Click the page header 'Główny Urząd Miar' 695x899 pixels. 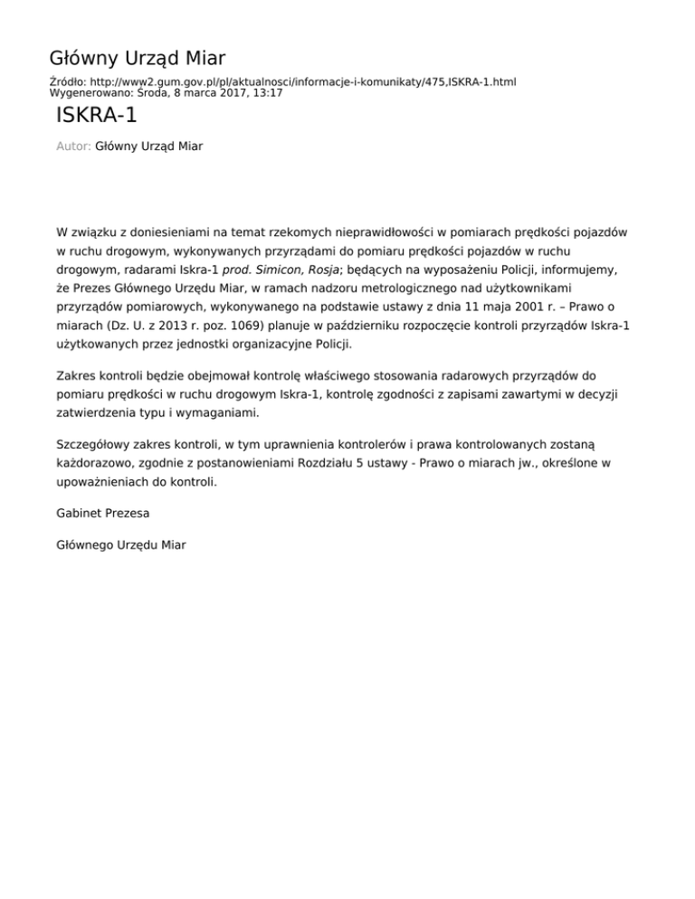click(x=137, y=59)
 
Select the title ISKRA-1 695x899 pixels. click(x=97, y=117)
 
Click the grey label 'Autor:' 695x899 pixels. click(x=73, y=146)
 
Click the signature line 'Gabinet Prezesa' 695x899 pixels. click(x=103, y=513)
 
